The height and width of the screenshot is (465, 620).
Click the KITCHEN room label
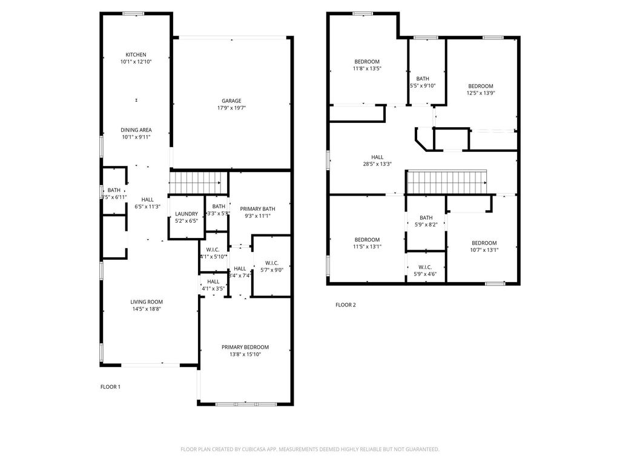point(136,54)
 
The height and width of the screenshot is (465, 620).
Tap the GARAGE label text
point(231,101)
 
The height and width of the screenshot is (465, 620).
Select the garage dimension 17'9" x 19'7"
point(231,108)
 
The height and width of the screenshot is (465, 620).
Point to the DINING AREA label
point(136,130)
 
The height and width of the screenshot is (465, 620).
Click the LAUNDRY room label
point(186,214)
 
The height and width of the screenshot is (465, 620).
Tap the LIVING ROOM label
point(147,302)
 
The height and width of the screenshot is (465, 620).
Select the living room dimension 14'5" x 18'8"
point(147,309)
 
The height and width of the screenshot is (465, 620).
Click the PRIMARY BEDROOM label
point(245,347)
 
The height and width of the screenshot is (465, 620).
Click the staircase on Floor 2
point(447,180)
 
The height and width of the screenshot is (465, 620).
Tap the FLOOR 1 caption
point(110,386)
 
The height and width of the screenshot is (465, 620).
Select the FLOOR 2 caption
point(346,305)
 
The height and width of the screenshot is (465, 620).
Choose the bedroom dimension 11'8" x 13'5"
point(367,68)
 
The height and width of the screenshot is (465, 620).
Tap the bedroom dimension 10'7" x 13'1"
point(484,250)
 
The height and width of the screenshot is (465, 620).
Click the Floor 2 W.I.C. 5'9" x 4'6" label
point(425,270)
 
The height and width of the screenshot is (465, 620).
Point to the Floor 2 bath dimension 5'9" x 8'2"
point(426,225)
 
